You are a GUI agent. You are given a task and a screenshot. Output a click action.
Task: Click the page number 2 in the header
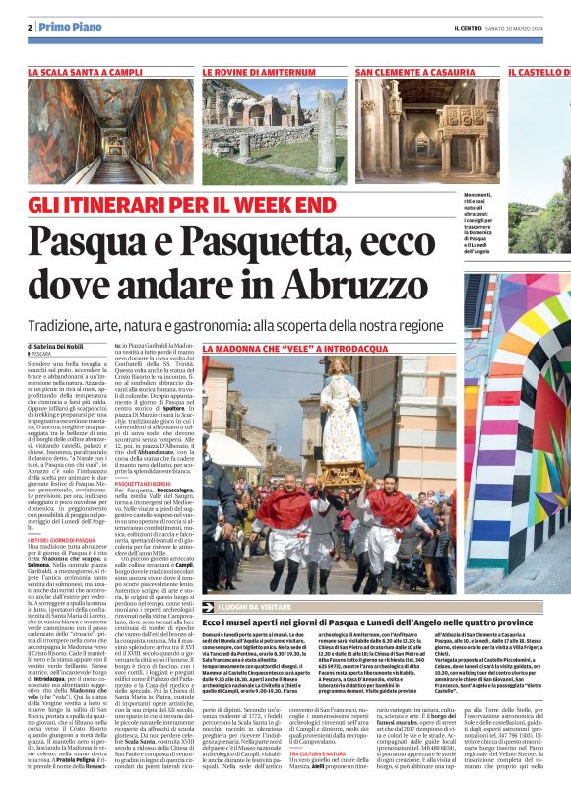31,27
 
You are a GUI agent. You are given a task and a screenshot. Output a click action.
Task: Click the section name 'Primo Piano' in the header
63,27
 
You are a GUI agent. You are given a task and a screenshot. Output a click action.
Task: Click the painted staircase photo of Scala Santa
110,127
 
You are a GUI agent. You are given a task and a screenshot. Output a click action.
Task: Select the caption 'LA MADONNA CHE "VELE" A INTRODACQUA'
280,349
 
